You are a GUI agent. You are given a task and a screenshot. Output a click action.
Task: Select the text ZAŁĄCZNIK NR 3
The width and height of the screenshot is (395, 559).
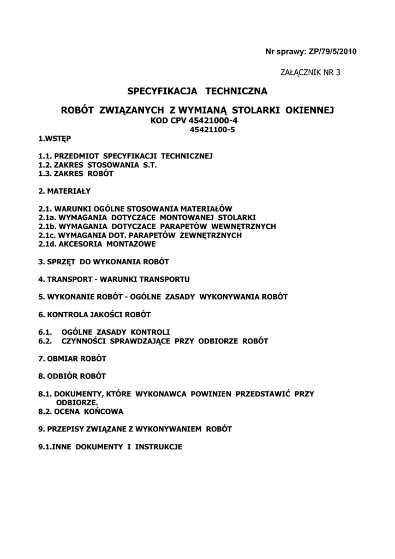310,72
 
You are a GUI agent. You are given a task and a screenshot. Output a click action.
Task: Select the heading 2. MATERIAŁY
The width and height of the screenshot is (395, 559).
64,191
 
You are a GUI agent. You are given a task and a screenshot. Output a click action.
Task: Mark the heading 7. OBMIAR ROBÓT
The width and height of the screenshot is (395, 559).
72,359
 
